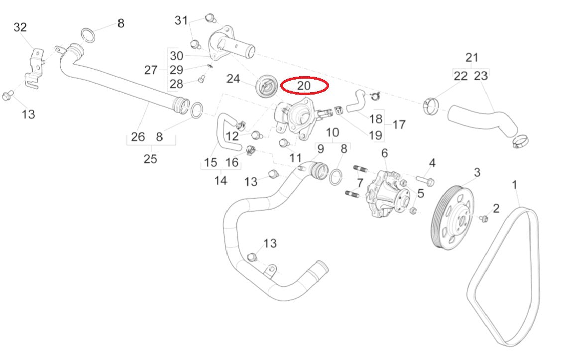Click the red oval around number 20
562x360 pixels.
[304, 86]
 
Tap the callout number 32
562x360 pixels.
[20, 27]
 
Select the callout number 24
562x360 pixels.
[233, 79]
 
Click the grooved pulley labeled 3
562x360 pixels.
[452, 218]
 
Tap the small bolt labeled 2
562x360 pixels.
[483, 218]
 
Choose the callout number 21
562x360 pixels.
[471, 57]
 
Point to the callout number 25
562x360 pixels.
[150, 159]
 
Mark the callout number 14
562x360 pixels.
[221, 180]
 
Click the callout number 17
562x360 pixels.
[399, 124]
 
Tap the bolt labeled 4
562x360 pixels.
[424, 179]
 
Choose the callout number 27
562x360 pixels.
[151, 70]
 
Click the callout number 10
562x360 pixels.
[333, 133]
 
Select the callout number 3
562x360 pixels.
[477, 173]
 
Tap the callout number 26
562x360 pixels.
[137, 136]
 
